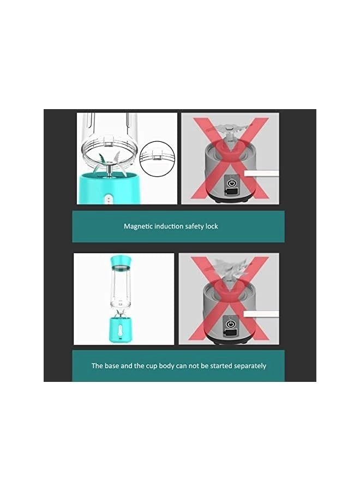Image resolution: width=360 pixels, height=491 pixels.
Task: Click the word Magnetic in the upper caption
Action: pyautogui.click(x=139, y=226)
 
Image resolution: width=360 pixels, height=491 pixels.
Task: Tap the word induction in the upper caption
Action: pyautogui.click(x=170, y=226)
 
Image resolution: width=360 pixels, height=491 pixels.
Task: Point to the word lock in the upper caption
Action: pyautogui.click(x=212, y=226)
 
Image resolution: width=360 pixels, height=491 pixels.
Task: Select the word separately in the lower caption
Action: pyautogui.click(x=248, y=366)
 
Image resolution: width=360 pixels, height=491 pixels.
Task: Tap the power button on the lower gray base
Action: pyautogui.click(x=231, y=324)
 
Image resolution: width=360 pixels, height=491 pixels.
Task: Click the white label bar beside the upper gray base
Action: pyautogui.click(x=261, y=173)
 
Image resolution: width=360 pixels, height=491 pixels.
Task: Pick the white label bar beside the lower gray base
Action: pyautogui.click(x=261, y=314)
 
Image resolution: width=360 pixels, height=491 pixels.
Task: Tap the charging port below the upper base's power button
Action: pyautogui.click(x=231, y=194)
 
